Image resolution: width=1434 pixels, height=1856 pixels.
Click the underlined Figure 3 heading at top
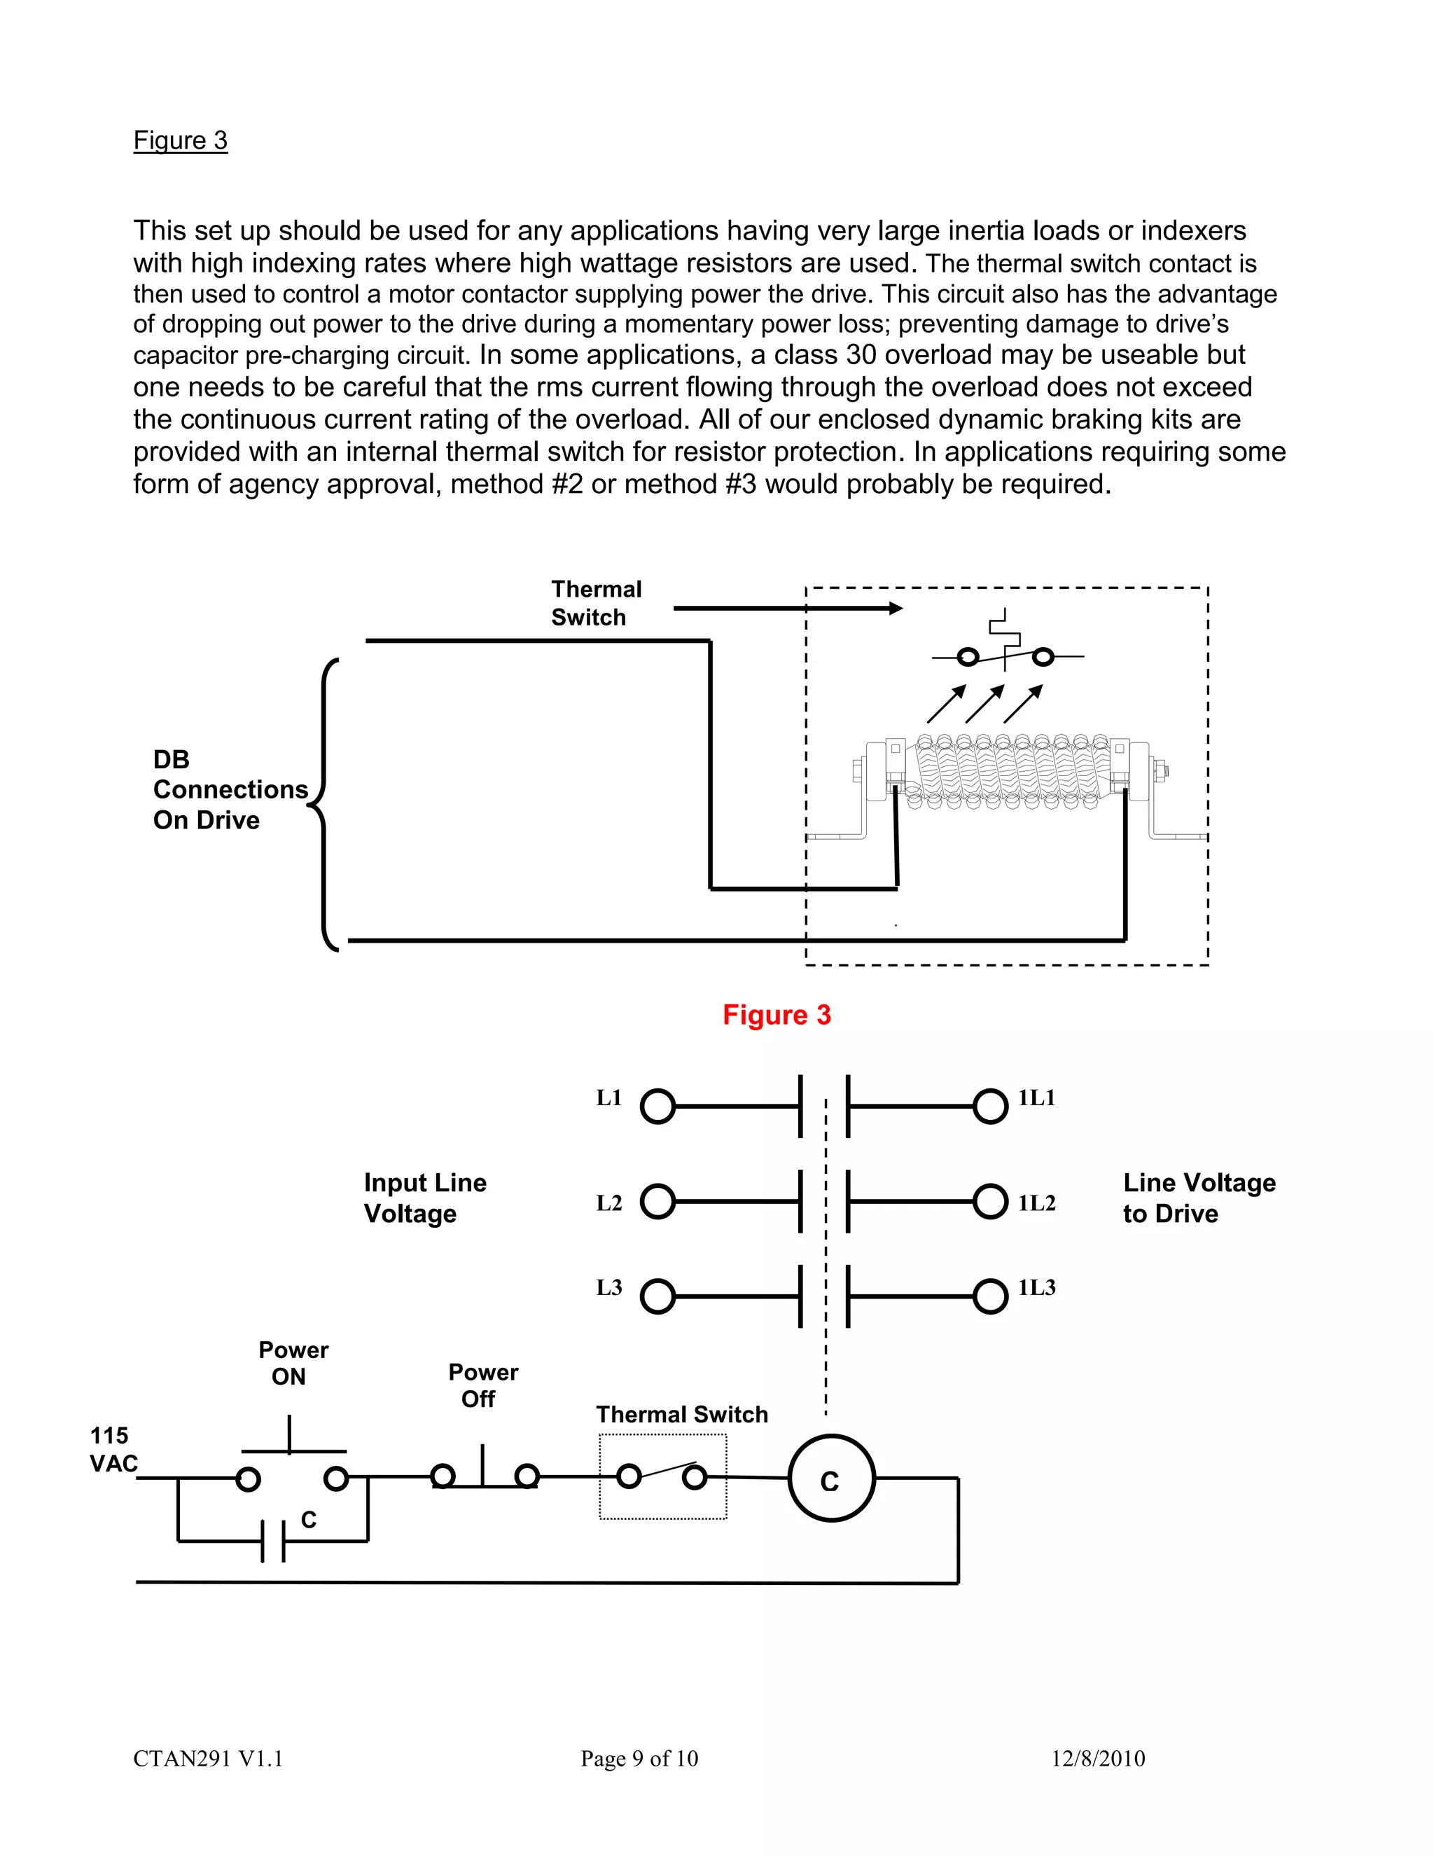click(180, 140)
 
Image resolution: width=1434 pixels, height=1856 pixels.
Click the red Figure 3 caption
click(777, 1015)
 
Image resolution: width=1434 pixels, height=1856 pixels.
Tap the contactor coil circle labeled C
click(831, 1481)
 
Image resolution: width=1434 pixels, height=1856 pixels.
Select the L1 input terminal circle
click(657, 1107)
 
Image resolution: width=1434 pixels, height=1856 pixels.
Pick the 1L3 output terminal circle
click(989, 1297)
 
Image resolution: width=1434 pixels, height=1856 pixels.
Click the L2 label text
click(609, 1203)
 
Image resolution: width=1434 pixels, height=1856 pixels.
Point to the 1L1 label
click(1036, 1098)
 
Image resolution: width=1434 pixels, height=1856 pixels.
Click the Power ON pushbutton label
click(292, 1363)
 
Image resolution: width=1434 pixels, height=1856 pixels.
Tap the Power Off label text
click(482, 1385)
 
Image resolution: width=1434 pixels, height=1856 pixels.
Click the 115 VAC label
click(111, 1450)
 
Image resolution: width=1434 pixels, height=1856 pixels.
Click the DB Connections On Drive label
click(230, 789)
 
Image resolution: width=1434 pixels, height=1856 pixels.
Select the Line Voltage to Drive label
click(1198, 1198)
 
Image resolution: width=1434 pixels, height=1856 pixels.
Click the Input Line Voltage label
click(425, 1198)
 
